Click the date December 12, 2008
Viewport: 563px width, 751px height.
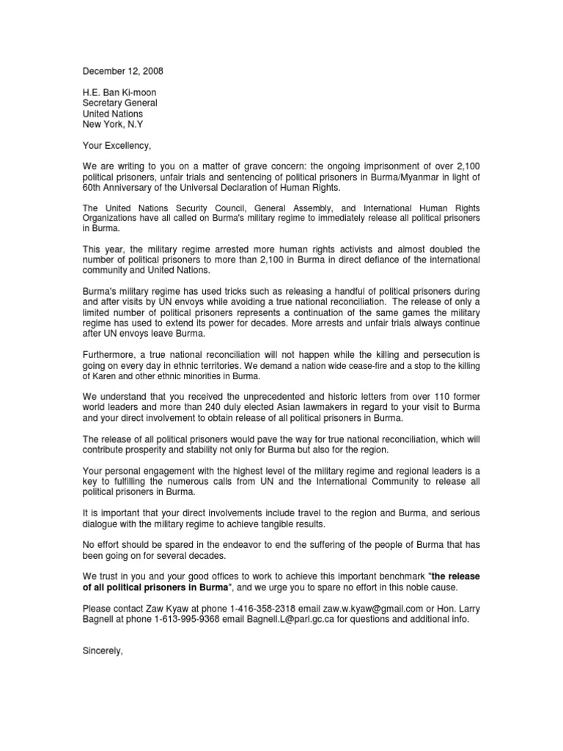(x=122, y=71)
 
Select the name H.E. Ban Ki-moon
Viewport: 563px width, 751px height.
(x=119, y=92)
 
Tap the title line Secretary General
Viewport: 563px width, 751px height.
(x=119, y=103)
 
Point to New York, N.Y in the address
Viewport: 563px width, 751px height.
(x=113, y=125)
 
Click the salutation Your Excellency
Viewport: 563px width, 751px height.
(x=117, y=146)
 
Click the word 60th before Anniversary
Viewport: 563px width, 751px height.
(x=93, y=188)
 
